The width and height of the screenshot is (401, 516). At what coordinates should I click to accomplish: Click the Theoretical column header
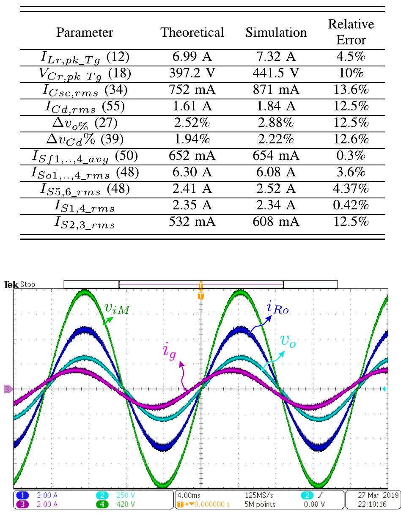pyautogui.click(x=192, y=33)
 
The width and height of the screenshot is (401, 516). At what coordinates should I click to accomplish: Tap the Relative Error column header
pyautogui.click(x=351, y=33)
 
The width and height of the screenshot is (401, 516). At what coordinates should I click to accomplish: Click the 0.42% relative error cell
pyautogui.click(x=351, y=206)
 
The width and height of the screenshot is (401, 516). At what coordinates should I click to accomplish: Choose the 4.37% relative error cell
pyautogui.click(x=351, y=189)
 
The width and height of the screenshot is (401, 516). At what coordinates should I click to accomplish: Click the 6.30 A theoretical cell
pyautogui.click(x=192, y=173)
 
